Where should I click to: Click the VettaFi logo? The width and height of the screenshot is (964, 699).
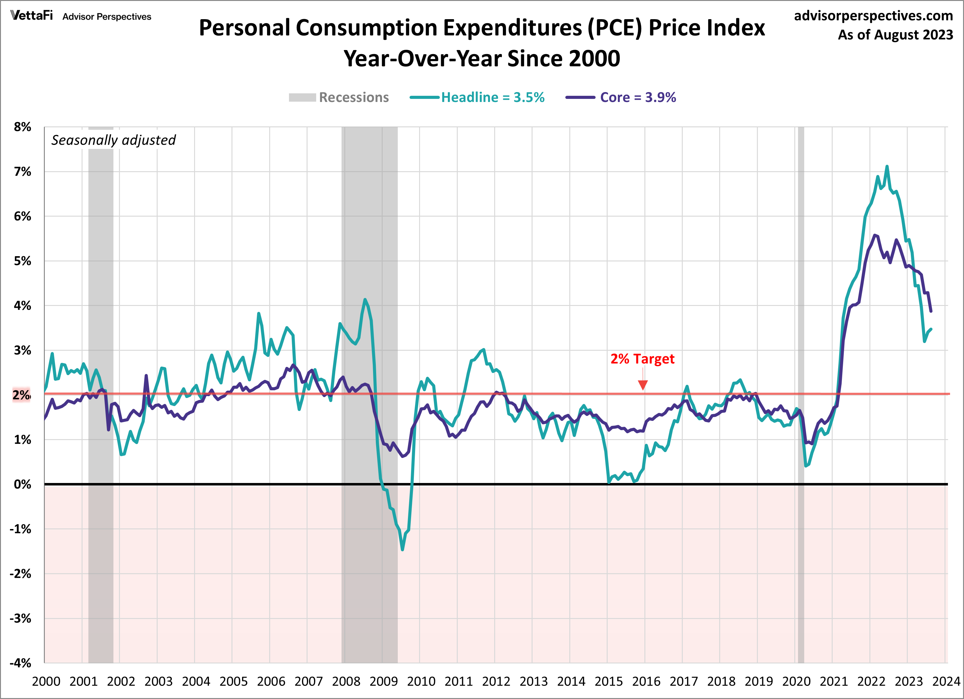pos(32,16)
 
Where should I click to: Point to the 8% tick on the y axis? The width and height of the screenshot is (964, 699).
pos(23,127)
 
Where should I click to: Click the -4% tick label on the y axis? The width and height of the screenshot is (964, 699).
pos(21,663)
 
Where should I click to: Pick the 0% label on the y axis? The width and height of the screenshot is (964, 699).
pos(23,485)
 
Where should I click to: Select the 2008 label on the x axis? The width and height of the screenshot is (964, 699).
pos(346,682)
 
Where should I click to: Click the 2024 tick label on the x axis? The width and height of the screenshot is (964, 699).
pos(946,682)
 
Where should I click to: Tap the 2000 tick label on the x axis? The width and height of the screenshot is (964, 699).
pos(46,682)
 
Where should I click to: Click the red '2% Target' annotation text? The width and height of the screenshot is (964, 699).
pos(642,359)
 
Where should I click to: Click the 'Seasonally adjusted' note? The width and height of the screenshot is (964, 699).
pos(113,140)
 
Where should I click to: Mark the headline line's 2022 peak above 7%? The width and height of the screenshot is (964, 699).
pos(887,167)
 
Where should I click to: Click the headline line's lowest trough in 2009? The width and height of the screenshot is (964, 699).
pos(402,549)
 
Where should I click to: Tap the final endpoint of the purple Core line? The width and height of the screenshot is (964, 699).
pos(931,311)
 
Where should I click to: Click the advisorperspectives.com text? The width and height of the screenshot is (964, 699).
pos(873,16)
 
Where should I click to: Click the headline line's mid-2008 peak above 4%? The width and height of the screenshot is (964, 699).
pos(365,299)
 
